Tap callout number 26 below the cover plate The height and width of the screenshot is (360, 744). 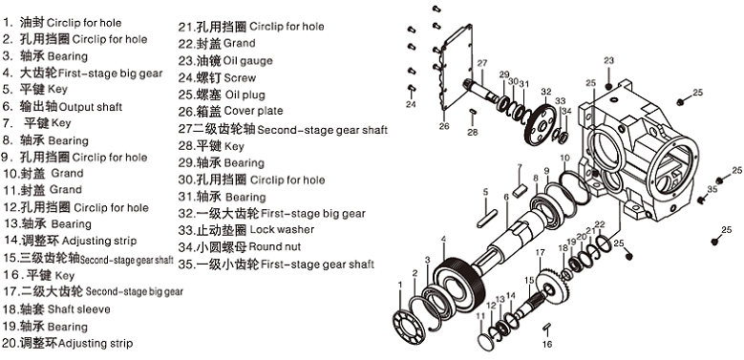[443, 125]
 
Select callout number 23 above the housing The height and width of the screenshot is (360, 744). [608, 60]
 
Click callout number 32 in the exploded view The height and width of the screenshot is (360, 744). [545, 92]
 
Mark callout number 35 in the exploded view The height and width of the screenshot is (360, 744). [712, 190]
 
